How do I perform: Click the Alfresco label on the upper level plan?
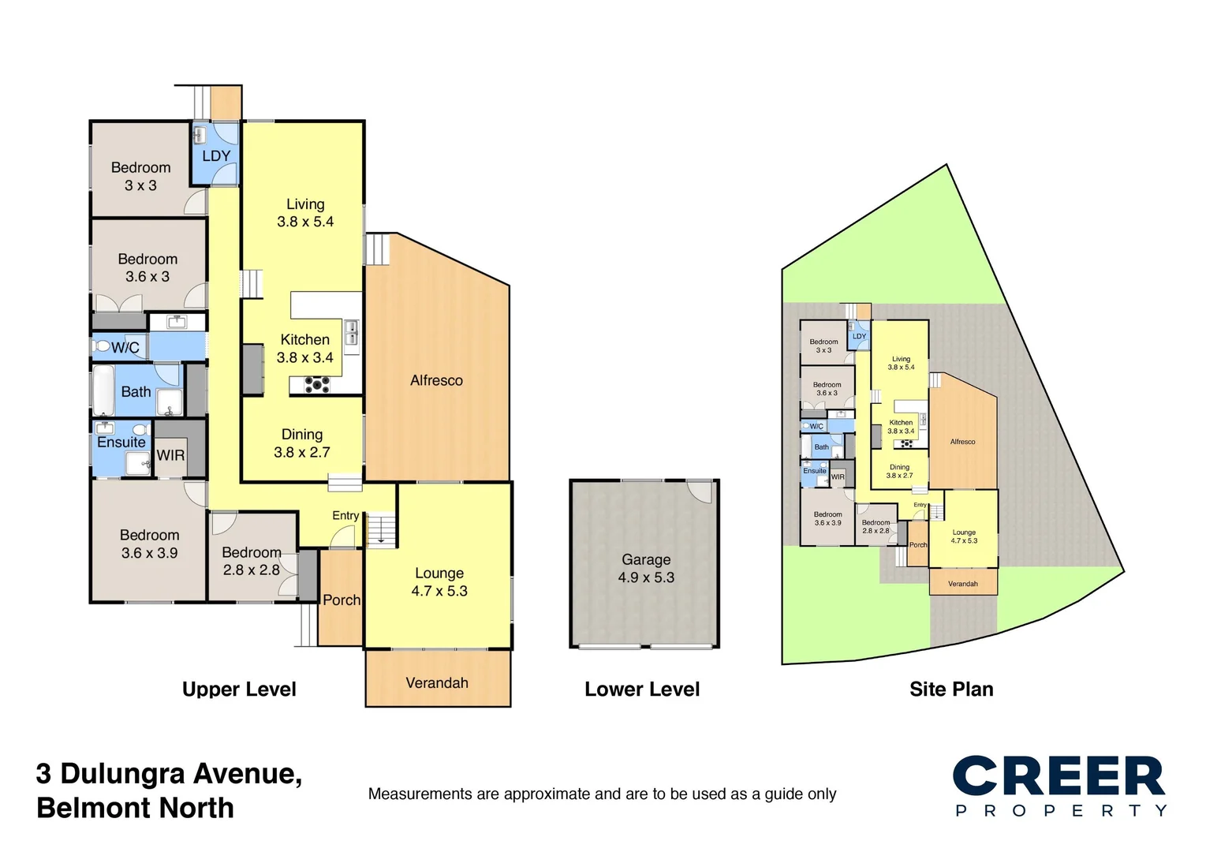[x=436, y=380]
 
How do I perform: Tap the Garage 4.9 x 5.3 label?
[x=646, y=568]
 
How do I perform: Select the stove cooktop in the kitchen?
[x=317, y=385]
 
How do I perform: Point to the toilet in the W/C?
[x=103, y=346]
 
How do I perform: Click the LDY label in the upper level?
[x=216, y=156]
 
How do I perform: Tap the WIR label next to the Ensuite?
[x=170, y=455]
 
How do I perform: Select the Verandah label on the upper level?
[x=437, y=683]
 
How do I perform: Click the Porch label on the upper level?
[x=342, y=600]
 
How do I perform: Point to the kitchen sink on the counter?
[x=351, y=332]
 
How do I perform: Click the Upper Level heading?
[x=239, y=689]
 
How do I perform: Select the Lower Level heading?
[x=642, y=689]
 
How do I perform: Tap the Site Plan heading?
[x=951, y=689]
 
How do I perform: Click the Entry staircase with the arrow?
[x=381, y=529]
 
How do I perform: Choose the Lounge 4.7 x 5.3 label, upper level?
[x=439, y=582]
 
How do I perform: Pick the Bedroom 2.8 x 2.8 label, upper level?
[x=251, y=561]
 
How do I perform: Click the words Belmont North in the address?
[x=135, y=808]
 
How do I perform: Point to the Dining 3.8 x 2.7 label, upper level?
[x=302, y=443]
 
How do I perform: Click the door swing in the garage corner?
[x=699, y=491]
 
